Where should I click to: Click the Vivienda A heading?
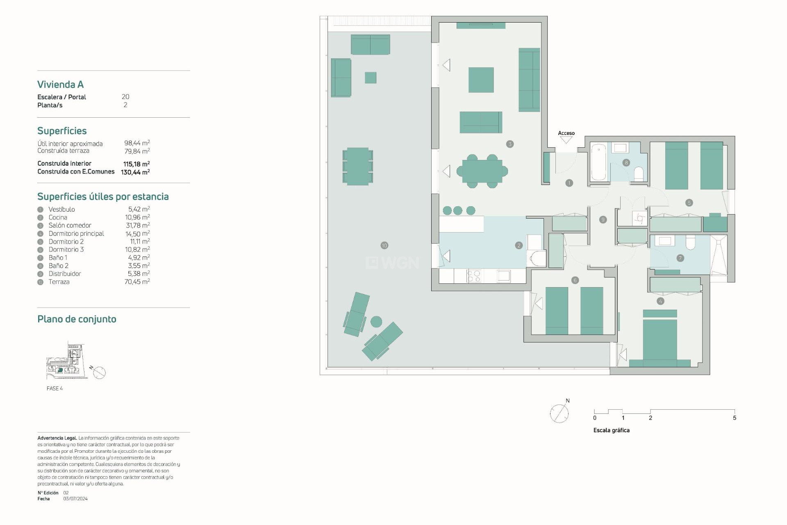(x=60, y=84)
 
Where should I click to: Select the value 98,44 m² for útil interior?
(x=137, y=143)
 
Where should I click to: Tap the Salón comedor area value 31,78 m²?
(x=138, y=225)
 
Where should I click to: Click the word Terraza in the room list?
(x=59, y=282)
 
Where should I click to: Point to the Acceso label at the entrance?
(x=566, y=133)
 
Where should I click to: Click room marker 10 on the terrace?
(x=384, y=245)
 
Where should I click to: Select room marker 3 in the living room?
(x=510, y=144)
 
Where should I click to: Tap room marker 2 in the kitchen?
(x=519, y=245)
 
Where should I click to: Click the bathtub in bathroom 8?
(x=598, y=162)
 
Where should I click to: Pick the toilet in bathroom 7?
(x=690, y=243)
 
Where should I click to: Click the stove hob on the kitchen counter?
(x=474, y=276)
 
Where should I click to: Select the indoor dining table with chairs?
(x=482, y=171)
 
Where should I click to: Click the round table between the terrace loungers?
(x=376, y=322)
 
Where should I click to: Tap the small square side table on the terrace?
(x=370, y=78)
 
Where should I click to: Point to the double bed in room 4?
(x=660, y=340)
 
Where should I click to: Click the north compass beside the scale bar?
(x=559, y=413)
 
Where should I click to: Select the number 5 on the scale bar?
(x=734, y=418)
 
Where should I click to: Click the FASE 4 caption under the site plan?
(x=55, y=388)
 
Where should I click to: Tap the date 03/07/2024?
(x=75, y=499)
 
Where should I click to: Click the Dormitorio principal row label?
(x=76, y=233)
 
